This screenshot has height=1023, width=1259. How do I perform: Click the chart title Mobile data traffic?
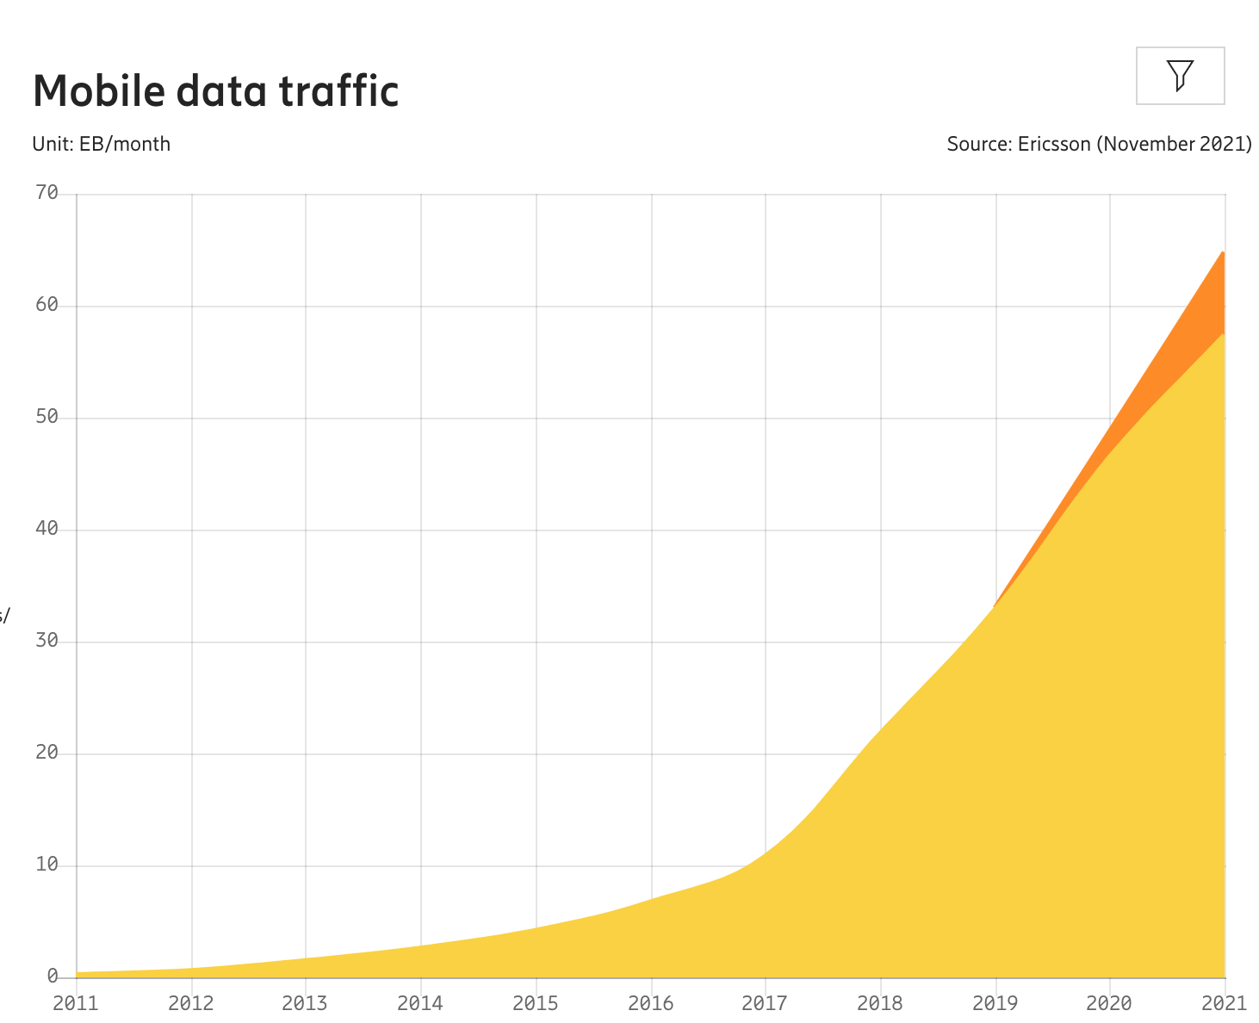click(216, 91)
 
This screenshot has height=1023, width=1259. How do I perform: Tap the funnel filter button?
click(1180, 76)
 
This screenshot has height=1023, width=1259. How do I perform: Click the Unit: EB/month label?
click(102, 144)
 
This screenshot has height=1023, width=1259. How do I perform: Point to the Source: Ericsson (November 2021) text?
click(1099, 144)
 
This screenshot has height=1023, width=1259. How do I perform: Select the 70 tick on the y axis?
click(47, 193)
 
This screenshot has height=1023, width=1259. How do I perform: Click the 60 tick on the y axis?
click(47, 305)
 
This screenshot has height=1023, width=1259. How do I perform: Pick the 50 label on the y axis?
click(47, 417)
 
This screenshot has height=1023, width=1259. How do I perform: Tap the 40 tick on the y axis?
click(47, 529)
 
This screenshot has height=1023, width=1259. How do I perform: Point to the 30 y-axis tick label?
click(47, 641)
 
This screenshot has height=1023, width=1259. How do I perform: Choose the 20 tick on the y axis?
click(47, 753)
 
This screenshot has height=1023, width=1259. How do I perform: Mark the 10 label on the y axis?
click(47, 865)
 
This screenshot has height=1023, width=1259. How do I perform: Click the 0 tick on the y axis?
click(53, 976)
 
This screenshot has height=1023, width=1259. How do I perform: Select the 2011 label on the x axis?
click(76, 1003)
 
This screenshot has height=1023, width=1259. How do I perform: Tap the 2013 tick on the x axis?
click(305, 1003)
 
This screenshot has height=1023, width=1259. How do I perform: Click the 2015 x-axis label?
click(536, 1003)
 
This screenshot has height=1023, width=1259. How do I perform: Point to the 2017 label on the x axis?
click(765, 1003)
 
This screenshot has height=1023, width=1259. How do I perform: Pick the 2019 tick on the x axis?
click(995, 1003)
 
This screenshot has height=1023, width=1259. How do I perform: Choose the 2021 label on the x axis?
click(1224, 1003)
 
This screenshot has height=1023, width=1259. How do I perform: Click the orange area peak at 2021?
click(1220, 258)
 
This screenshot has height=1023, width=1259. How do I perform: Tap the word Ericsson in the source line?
click(1054, 144)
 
